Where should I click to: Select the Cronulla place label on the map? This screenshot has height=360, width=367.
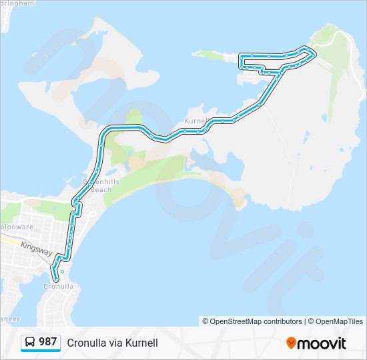[x=58, y=286]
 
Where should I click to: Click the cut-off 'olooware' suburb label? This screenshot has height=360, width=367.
[x=14, y=227]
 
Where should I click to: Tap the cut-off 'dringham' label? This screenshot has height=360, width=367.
[x=17, y=3]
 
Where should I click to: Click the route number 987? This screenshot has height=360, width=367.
[x=47, y=342]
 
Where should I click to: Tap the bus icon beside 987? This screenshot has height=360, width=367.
[x=30, y=343]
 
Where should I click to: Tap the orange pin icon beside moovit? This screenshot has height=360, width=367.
[x=291, y=343]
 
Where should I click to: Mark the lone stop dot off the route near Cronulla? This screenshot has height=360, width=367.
[x=62, y=271]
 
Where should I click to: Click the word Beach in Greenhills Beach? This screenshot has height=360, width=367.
[x=101, y=189]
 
